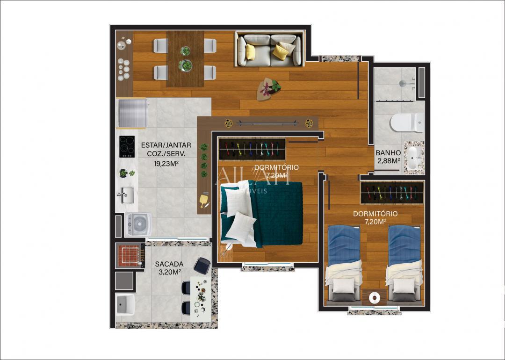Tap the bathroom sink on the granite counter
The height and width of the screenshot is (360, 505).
414,159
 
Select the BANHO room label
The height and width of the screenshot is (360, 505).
388,152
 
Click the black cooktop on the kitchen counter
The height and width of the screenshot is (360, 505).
126,146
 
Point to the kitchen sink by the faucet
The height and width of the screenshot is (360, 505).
125,194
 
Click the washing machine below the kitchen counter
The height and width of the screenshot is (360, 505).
138,224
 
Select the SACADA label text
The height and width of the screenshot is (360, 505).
169,264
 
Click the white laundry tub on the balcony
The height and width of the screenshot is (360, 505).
125,305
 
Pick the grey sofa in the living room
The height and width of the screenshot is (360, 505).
268,50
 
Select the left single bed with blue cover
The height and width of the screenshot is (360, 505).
344,262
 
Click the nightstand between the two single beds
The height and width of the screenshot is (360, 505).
374,297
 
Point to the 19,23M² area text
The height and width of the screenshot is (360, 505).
166,164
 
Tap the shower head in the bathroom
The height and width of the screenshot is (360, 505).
402,84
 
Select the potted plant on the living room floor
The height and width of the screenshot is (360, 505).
270,88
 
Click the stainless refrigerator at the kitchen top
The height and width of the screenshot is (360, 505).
132,113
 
